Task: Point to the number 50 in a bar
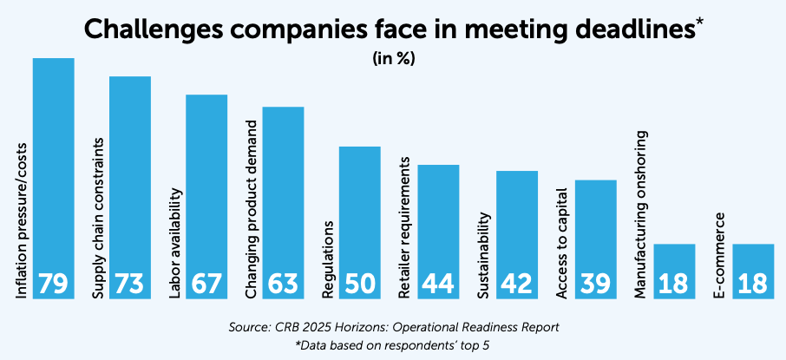[359, 284]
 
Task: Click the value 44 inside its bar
[438, 284]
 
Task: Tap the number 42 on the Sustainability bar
[516, 284]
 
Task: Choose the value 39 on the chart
[595, 284]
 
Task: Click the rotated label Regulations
[329, 260]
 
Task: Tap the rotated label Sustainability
[484, 257]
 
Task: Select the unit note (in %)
[392, 60]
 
